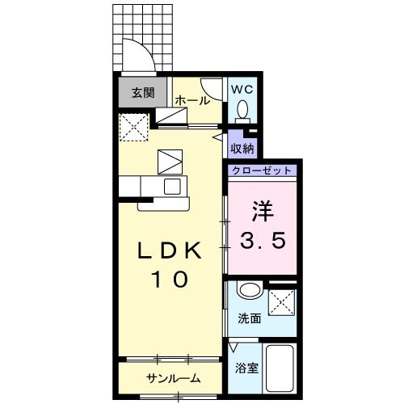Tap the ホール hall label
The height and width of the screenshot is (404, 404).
coord(192,101)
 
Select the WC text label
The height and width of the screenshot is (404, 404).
coord(242,90)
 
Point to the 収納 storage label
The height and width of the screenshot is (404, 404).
coord(242,148)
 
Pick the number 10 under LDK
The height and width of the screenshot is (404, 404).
coord(170,279)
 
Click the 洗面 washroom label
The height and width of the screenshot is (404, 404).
coord(249,318)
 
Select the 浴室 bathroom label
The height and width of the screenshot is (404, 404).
coord(246,368)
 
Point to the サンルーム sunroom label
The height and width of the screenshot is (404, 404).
coord(173,378)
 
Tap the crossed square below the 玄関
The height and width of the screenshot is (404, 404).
coord(133,125)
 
